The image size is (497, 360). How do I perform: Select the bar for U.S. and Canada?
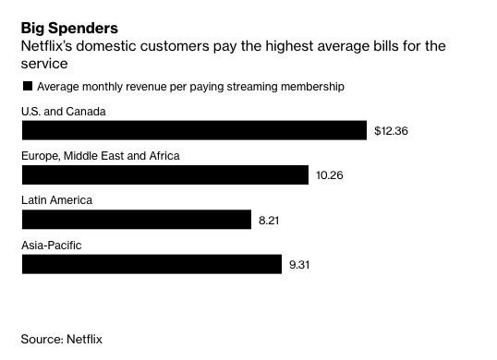pyautogui.click(x=194, y=130)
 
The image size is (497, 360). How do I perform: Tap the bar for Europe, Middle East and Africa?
pyautogui.click(x=164, y=174)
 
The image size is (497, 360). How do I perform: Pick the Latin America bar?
pyautogui.click(x=136, y=219)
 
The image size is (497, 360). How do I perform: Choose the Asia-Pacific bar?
pyautogui.click(x=152, y=264)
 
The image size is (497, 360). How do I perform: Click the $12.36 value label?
pyautogui.click(x=391, y=131)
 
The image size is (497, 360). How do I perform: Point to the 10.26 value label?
pyautogui.click(x=330, y=175)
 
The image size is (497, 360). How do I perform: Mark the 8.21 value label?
pyautogui.click(x=269, y=220)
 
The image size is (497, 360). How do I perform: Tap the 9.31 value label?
pyautogui.click(x=300, y=265)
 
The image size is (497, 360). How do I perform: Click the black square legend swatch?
pyautogui.click(x=27, y=87)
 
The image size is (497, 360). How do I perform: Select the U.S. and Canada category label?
pyautogui.click(x=63, y=112)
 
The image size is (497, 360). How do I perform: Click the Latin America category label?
pyautogui.click(x=56, y=200)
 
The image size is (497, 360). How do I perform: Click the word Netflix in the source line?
pyautogui.click(x=85, y=339)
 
